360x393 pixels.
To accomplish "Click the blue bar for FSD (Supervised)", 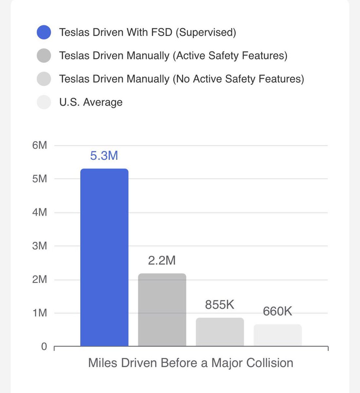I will [104, 257].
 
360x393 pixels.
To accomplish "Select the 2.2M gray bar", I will [162, 310].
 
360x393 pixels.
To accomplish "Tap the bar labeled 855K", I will [220, 332].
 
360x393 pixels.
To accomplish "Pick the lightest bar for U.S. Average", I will [278, 335].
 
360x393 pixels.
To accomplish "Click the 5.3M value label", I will [104, 156].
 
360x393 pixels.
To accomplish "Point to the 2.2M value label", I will [162, 260].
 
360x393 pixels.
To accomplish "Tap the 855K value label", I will [220, 305].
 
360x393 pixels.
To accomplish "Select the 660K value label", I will [278, 311].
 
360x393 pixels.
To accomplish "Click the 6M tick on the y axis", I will [40, 145].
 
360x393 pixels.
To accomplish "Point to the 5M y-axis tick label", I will [40, 179].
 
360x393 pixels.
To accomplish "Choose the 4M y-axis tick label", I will [40, 213].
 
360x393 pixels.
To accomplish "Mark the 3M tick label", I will [40, 246].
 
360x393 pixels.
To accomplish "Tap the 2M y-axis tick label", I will [40, 279].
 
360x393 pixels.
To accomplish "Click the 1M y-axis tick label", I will [40, 313].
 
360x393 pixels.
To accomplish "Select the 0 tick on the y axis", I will [44, 346].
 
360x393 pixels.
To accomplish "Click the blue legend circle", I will [44, 32].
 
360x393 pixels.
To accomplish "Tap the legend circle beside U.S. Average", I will [44, 102].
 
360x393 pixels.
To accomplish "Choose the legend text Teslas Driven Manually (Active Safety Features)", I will [173, 56].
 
